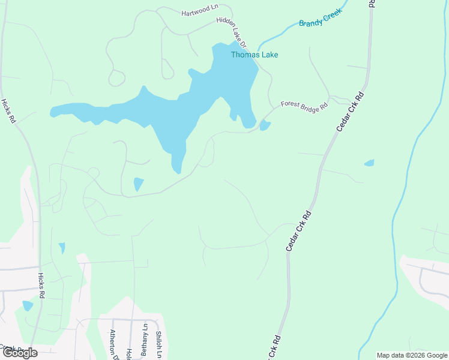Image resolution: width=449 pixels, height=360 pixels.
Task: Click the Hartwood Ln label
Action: click(199, 10)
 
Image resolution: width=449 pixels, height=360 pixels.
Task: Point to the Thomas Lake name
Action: click(255, 55)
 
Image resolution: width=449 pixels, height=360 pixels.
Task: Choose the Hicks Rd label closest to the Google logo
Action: click(41, 286)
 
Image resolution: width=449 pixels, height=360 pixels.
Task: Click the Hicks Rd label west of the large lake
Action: click(8, 111)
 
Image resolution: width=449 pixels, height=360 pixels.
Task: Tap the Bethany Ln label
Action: click(145, 340)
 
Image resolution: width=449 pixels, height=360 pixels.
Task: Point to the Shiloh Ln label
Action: click(159, 344)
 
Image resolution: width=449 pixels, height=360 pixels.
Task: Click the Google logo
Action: click(20, 353)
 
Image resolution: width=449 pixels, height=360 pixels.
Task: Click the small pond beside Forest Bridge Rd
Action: click(265, 125)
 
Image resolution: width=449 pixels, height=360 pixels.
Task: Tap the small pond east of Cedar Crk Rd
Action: click(369, 163)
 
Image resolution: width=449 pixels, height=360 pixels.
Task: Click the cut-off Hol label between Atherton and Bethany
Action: click(128, 353)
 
